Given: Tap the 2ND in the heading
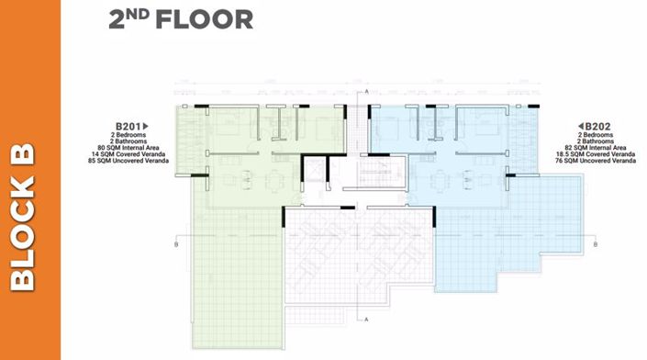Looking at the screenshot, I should [x=131, y=18].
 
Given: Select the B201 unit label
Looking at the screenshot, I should [x=127, y=125].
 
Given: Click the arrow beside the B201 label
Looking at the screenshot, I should [x=145, y=125].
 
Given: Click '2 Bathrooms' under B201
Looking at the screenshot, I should [x=131, y=140].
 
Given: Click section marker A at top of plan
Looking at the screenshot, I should [x=366, y=94].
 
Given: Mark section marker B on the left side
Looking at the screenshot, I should [x=174, y=245].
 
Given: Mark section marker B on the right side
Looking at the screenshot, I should [x=597, y=245].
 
